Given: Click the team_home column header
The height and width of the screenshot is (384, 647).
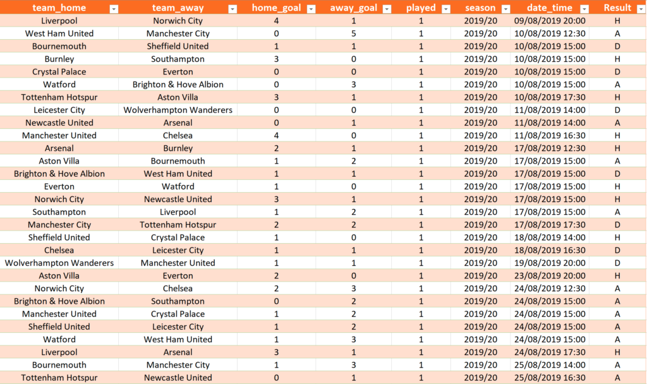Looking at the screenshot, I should point(59,8).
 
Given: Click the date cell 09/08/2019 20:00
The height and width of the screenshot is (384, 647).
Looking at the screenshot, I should point(550,21).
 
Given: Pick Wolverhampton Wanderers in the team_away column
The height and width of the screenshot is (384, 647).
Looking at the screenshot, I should point(178,110).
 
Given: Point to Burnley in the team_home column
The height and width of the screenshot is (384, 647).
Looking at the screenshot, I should point(59,59).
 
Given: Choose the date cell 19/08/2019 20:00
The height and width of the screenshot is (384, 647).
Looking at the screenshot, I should point(550,263).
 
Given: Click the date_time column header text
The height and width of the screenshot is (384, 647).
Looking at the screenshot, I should point(550,8).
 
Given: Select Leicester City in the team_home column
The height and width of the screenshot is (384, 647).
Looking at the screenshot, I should point(59,110).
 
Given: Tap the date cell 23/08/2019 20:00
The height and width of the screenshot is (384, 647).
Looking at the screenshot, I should point(550,275).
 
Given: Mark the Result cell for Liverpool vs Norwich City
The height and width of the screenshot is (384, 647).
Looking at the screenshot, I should point(617,21).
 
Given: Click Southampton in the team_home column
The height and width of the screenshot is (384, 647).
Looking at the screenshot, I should point(59,212).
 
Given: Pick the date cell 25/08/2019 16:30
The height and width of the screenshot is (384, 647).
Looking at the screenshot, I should point(550,378).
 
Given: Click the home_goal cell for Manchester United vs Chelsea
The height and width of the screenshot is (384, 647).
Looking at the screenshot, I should point(277,135).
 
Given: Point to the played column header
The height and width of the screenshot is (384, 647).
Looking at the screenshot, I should point(421,8).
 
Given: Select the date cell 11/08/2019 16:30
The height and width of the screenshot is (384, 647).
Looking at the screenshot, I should point(550,135).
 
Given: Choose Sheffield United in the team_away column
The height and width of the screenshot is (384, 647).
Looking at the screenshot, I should point(178,46).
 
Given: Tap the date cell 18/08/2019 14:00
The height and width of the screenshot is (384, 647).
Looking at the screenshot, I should point(550,237).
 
